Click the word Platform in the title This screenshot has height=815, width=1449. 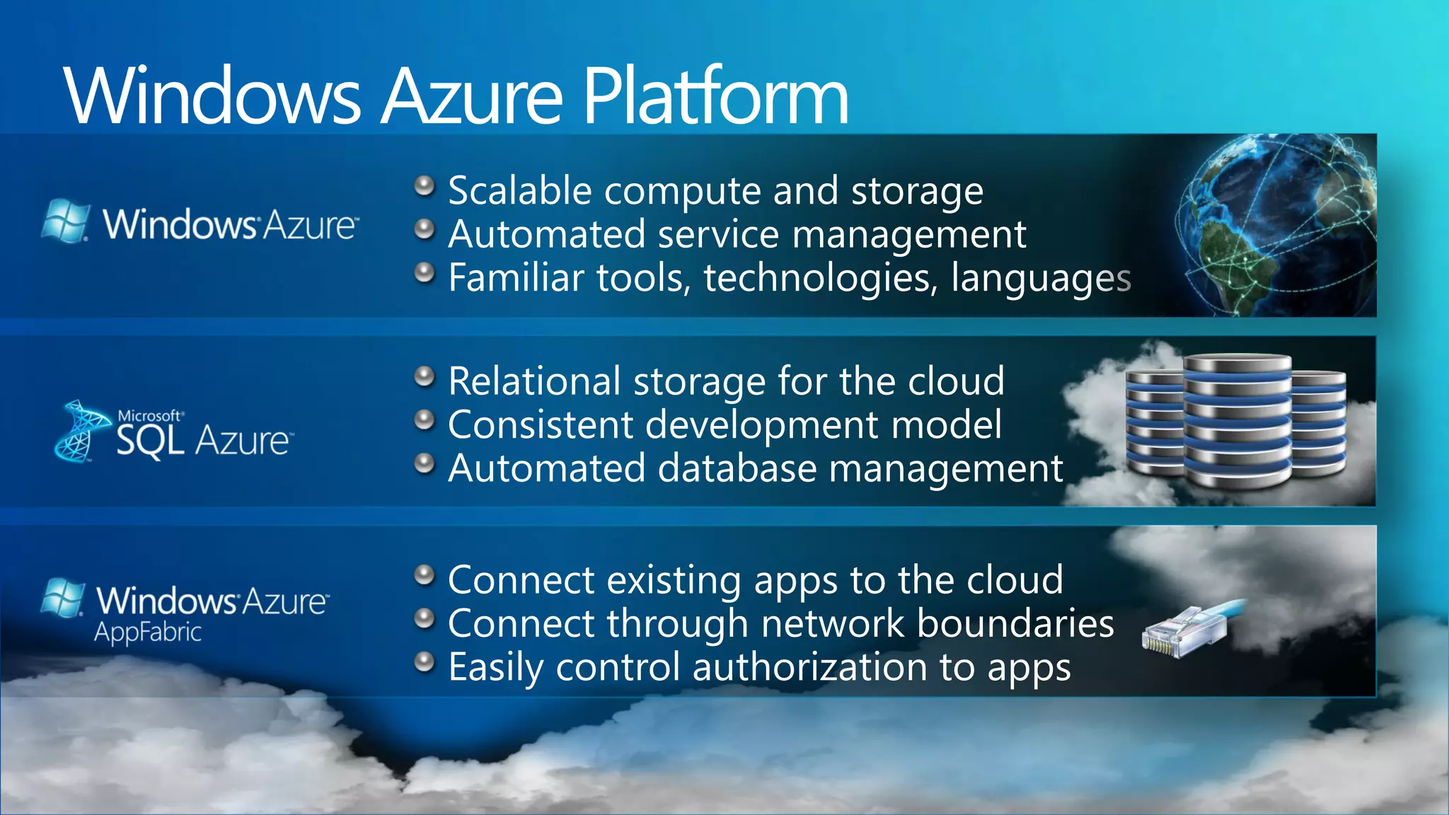pyautogui.click(x=715, y=96)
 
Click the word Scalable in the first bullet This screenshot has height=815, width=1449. pyautogui.click(x=519, y=191)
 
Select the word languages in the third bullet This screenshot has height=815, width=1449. pyautogui.click(x=1041, y=278)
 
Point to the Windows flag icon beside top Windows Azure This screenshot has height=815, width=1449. pyautogui.click(x=66, y=221)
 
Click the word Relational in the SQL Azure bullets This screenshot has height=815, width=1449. pyautogui.click(x=534, y=381)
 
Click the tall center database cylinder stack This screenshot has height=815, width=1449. pyautogui.click(x=1237, y=421)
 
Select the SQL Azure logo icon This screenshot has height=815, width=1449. pyautogui.click(x=79, y=432)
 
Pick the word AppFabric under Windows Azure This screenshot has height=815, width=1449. pyautogui.click(x=148, y=632)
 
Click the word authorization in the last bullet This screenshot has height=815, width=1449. pyautogui.click(x=809, y=667)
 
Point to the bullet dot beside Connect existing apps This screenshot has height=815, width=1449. pyautogui.click(x=424, y=575)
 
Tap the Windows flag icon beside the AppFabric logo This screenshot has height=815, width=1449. pyautogui.click(x=63, y=598)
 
